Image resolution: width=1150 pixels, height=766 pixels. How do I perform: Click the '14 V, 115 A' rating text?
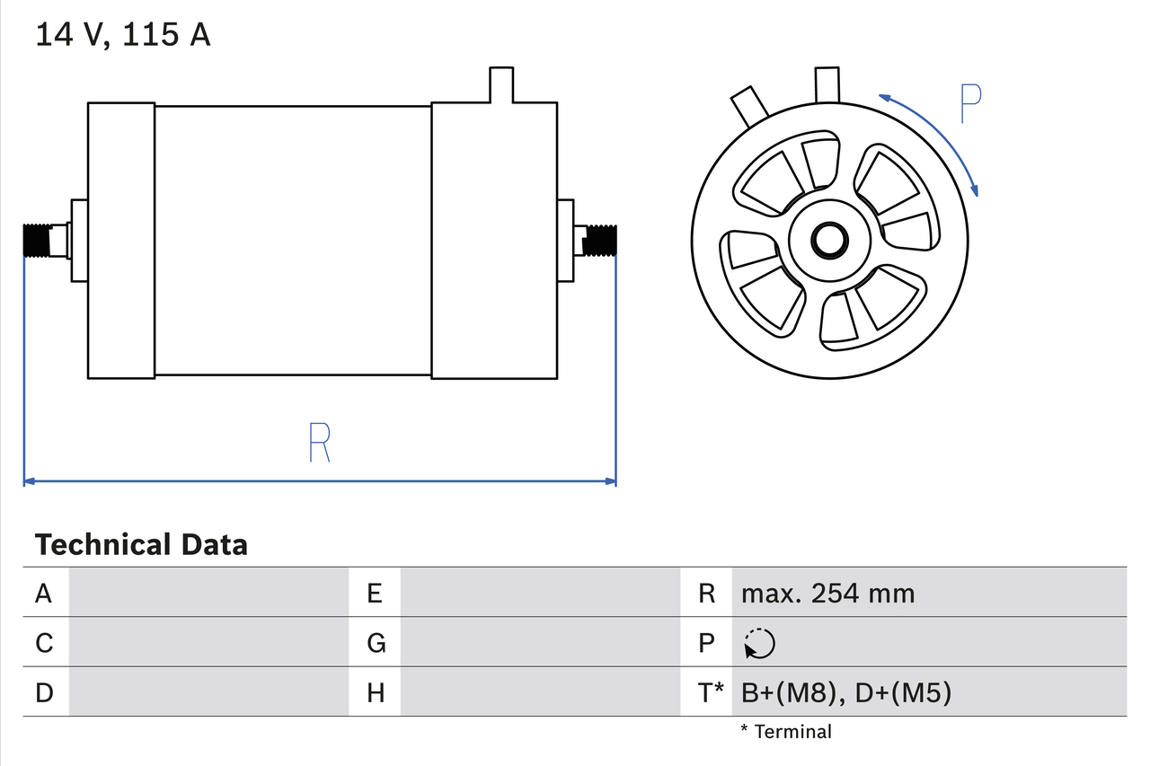click(x=122, y=35)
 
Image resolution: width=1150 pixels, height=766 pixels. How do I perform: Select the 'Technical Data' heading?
click(x=141, y=544)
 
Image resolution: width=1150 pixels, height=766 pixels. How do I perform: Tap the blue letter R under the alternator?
click(x=319, y=441)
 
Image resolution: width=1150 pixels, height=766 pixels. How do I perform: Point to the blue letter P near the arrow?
click(x=970, y=104)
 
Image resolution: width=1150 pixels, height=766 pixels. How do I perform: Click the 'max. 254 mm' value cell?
click(x=827, y=593)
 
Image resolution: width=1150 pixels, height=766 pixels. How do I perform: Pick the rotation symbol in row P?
click(x=759, y=643)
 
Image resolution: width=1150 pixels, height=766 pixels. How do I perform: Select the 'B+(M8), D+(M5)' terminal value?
click(x=845, y=692)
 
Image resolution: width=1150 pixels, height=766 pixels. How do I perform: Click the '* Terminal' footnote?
click(x=786, y=732)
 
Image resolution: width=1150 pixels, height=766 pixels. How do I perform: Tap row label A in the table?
click(x=43, y=593)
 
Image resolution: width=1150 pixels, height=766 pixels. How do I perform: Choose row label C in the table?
click(x=44, y=643)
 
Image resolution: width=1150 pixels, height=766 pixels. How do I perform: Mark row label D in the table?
click(x=44, y=692)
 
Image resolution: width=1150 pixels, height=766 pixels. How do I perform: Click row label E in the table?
click(x=375, y=593)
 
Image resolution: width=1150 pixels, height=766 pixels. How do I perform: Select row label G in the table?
click(x=376, y=643)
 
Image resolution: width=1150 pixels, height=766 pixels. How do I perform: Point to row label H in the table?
click(x=376, y=692)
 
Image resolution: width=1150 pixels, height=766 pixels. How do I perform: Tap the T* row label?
click(x=711, y=692)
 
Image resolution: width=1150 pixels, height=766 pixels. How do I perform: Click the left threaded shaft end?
click(x=37, y=241)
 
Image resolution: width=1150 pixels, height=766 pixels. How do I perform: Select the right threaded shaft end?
click(x=601, y=240)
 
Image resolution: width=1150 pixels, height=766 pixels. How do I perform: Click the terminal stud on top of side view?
click(x=500, y=84)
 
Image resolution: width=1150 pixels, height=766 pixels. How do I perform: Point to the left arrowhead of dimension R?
click(x=28, y=481)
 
